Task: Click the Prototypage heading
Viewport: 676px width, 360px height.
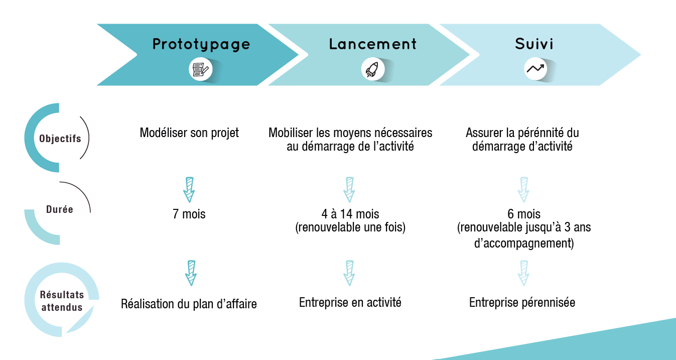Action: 201,45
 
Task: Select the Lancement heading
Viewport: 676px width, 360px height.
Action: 373,44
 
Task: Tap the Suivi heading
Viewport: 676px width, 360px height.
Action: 534,44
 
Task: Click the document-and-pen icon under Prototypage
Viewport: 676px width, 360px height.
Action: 201,70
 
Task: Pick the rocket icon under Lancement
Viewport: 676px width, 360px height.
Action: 373,69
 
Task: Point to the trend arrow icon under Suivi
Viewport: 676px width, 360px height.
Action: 535,69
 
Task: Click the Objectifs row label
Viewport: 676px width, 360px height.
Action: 60,139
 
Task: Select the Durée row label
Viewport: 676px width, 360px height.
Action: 59,209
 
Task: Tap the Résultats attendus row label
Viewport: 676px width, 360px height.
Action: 62,301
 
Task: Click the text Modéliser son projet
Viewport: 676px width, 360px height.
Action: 189,133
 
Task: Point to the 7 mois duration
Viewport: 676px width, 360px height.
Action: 189,214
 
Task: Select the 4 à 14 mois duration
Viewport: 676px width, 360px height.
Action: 350,214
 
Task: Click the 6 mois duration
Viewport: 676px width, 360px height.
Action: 524,214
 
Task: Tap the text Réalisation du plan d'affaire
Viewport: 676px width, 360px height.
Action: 189,304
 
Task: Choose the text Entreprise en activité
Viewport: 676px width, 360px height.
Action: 350,302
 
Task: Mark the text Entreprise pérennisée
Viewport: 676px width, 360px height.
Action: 522,303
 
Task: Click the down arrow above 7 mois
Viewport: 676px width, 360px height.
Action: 189,190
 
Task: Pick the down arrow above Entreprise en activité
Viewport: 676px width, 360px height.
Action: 349,273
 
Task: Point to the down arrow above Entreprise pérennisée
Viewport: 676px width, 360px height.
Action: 523,273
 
